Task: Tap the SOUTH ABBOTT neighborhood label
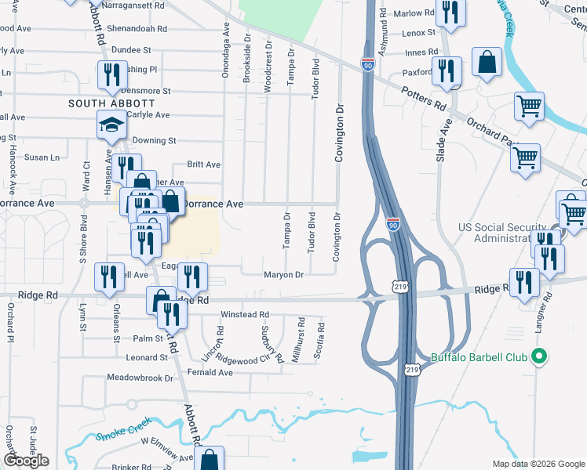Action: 111,103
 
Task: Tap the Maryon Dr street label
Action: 283,275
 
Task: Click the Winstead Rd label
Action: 244,315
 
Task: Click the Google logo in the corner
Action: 26,461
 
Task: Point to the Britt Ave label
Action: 203,164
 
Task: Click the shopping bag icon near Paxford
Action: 487,64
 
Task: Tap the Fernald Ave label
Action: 213,373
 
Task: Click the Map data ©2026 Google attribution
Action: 538,464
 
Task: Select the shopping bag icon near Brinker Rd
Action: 210,460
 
